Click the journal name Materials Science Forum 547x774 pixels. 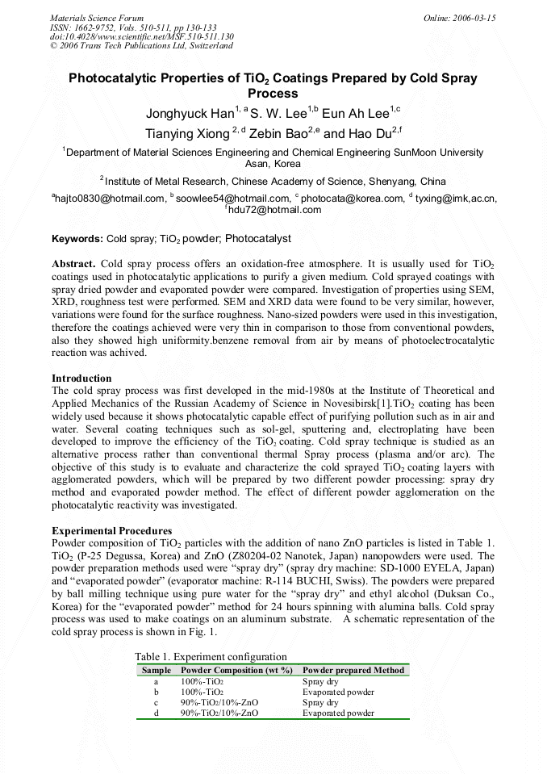pos(97,18)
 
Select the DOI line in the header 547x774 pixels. pos(142,37)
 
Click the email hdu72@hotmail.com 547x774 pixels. pos(275,210)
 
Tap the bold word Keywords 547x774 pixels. pos(77,239)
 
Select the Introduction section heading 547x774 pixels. pos(81,378)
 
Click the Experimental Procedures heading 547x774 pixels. pos(111,530)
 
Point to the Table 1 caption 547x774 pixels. pos(211,657)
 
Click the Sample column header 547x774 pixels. pos(156,670)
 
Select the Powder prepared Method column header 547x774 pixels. pos(353,670)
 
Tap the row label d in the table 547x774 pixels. pos(156,713)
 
